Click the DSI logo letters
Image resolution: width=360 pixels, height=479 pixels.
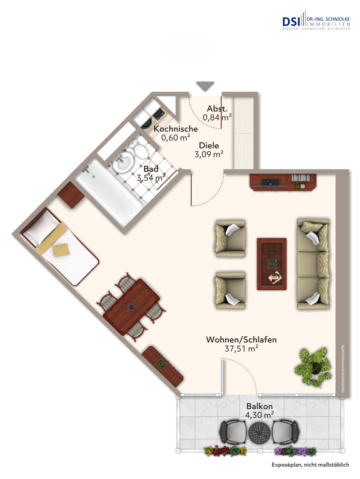[x=293, y=21]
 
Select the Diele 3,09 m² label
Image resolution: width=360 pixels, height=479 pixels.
[x=209, y=150]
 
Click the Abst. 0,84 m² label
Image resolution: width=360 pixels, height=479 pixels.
[x=217, y=113]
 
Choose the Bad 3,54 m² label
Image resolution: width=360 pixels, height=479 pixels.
[x=151, y=174]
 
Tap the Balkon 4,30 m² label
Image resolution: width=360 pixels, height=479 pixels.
[x=259, y=410]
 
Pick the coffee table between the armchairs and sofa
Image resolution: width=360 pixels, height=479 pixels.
[x=271, y=263]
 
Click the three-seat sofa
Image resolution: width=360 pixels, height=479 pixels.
[x=313, y=264]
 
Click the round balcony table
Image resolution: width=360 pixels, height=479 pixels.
[x=259, y=432]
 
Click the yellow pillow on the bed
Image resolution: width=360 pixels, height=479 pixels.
[x=61, y=250]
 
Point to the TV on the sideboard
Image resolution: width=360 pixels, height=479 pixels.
[x=271, y=182]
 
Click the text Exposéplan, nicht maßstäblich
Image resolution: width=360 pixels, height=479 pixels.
[x=311, y=464]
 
